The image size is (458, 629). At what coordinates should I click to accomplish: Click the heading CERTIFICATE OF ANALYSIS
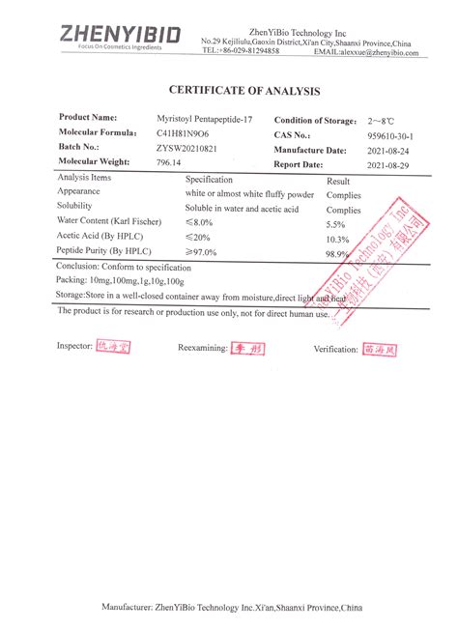243,91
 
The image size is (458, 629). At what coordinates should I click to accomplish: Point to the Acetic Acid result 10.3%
337,238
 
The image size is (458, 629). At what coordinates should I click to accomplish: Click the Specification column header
210,180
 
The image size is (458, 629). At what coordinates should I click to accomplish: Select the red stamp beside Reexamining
243,346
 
